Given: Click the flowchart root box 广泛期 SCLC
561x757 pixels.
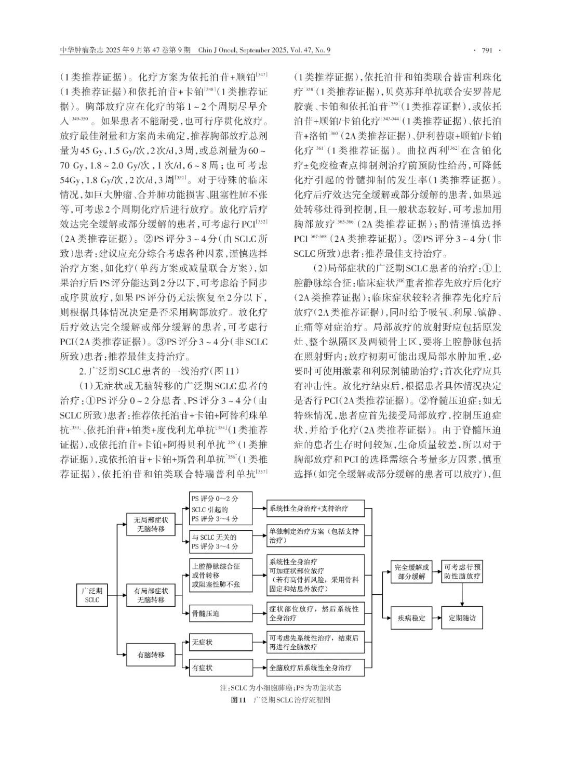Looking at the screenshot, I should point(92,595).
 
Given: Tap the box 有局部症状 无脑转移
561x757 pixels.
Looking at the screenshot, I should point(151,595).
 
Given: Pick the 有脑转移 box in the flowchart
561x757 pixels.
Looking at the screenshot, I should point(151,655).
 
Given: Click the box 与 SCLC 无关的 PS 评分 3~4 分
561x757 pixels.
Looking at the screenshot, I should point(221,542).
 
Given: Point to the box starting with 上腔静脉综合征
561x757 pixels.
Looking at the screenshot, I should point(221,575).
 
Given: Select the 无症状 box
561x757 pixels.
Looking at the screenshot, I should point(221,643).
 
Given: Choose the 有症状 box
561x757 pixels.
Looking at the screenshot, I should point(221,667).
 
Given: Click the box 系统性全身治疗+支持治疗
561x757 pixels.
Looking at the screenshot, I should point(315,507).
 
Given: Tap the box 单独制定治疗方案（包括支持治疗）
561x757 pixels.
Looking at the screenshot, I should point(315,536).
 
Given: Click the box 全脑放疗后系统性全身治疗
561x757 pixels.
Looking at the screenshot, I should point(315,667).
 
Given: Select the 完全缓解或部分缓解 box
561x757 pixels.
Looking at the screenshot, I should point(412,571).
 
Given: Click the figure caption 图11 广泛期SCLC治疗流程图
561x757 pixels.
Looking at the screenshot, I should point(280,700).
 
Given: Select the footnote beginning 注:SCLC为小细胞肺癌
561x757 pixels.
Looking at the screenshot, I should point(280,687).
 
